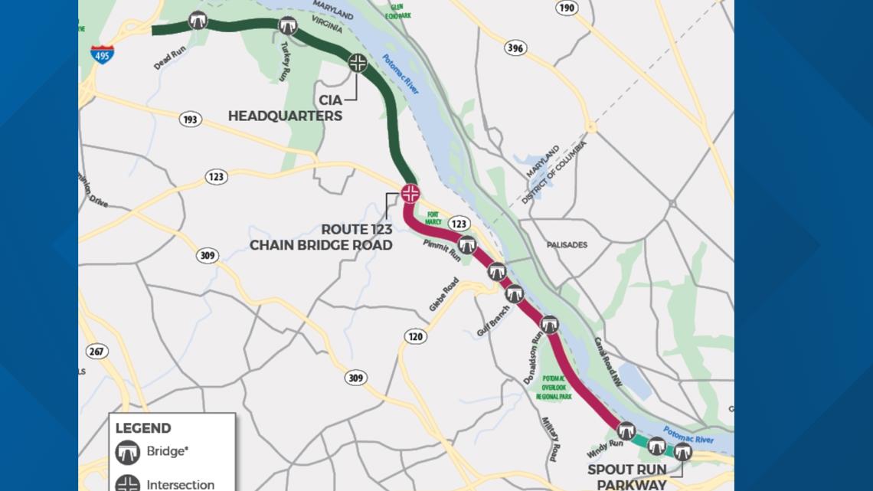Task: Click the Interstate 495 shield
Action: pyautogui.click(x=102, y=54)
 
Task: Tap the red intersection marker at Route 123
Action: pyautogui.click(x=410, y=193)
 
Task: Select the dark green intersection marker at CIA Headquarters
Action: pyautogui.click(x=358, y=63)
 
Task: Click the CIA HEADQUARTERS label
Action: pyautogui.click(x=285, y=109)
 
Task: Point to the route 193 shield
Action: pyautogui.click(x=191, y=119)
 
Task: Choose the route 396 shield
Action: pyautogui.click(x=515, y=48)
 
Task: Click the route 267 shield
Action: pyautogui.click(x=97, y=352)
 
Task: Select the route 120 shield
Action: pyautogui.click(x=416, y=336)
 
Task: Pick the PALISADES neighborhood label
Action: pyautogui.click(x=567, y=245)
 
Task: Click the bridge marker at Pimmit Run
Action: pyautogui.click(x=466, y=245)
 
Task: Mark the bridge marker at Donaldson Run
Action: pyautogui.click(x=549, y=325)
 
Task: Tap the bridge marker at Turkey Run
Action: pyautogui.click(x=287, y=26)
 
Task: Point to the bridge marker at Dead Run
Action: pyautogui.click(x=198, y=20)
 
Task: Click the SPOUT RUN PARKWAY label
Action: pyautogui.click(x=626, y=476)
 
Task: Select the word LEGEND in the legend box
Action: pyautogui.click(x=143, y=428)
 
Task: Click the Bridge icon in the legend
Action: pyautogui.click(x=128, y=452)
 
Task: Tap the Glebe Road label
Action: pyautogui.click(x=445, y=294)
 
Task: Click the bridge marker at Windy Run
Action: pyautogui.click(x=626, y=430)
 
